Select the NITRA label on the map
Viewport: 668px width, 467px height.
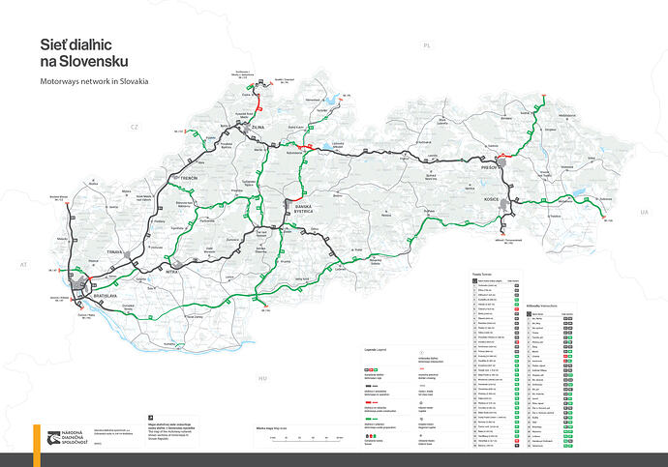tap(171, 274)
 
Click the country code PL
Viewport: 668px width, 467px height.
tap(425, 45)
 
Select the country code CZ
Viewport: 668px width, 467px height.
tap(137, 127)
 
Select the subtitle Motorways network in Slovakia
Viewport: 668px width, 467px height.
tap(95, 81)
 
